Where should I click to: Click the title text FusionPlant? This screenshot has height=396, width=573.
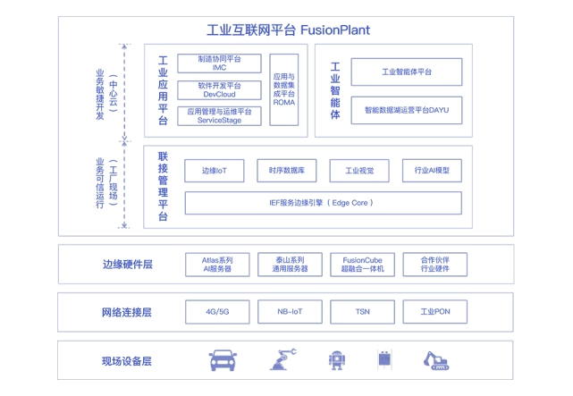(335, 30)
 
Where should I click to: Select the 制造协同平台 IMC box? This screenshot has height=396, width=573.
(219, 63)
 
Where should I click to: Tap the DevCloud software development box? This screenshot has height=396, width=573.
(219, 90)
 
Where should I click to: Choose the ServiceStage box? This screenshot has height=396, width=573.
(219, 116)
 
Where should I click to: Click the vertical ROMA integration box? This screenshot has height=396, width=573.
(284, 89)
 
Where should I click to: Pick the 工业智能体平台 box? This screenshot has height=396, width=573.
(407, 72)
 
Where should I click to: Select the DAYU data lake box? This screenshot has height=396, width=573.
(407, 110)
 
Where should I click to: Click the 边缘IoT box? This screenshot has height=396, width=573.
(215, 171)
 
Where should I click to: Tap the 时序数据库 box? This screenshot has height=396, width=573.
(286, 171)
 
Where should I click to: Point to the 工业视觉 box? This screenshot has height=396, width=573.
(359, 171)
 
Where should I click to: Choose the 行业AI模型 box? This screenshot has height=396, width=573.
(432, 171)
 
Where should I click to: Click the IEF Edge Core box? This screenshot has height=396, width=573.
(323, 203)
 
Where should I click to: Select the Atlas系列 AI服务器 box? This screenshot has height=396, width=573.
(217, 265)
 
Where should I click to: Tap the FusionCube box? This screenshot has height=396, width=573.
(363, 265)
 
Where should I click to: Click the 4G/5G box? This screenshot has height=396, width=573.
(217, 312)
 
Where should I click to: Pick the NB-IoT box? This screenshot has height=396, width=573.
(290, 312)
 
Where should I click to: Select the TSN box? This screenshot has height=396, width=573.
(363, 312)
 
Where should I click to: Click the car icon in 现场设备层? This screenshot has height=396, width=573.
(223, 360)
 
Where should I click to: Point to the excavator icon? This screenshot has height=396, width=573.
(436, 361)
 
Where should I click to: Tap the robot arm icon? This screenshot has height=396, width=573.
(282, 359)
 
